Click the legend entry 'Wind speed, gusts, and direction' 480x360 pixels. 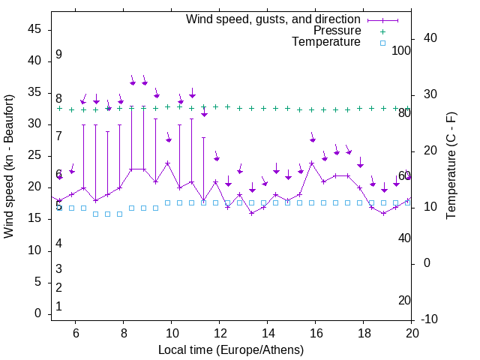pos(273,19)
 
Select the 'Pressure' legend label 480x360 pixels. pos(337,31)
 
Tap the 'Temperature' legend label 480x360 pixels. pos(326,42)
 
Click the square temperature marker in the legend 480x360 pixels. pos(382,43)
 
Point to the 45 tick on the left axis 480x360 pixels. pos(34,29)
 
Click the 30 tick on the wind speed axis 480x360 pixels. pos(34,124)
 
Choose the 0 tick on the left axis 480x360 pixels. pos(37,314)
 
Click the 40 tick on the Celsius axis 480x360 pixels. pos(430,38)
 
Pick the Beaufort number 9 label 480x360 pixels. pos(58,55)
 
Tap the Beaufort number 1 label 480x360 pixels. pos(58,307)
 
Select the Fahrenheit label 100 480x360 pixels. pos(401,51)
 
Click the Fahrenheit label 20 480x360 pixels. pos(404,301)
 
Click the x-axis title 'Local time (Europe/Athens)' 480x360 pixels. pos(231,350)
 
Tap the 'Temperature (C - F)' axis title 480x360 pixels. pos(451,166)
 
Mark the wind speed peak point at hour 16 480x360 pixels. pos(312,163)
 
